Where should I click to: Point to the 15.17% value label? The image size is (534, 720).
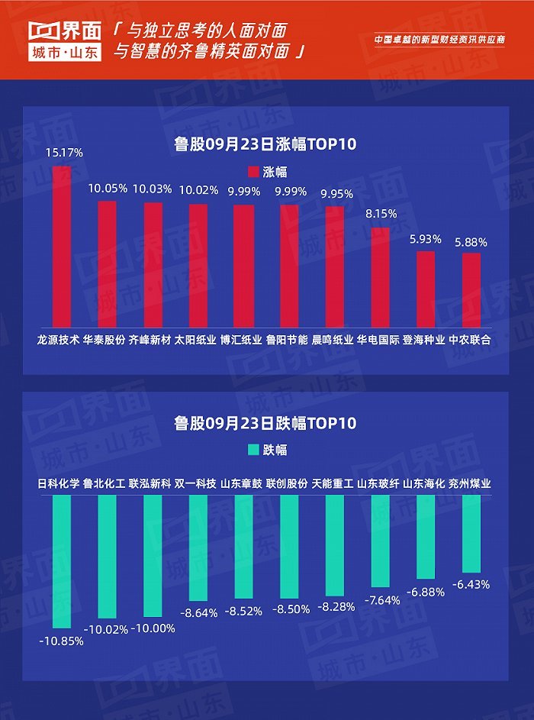63,153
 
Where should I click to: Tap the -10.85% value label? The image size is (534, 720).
61,641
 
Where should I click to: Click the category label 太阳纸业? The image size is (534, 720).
195,340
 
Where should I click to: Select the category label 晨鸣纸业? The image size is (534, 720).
333,340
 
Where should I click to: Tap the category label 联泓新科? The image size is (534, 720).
150,483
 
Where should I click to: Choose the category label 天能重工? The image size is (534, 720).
333,483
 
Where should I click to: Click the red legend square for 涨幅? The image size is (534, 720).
255,172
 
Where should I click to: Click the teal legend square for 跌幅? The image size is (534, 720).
255,450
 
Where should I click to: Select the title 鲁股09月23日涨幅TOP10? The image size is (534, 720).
265,144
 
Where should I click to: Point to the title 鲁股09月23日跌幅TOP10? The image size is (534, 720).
265,422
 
